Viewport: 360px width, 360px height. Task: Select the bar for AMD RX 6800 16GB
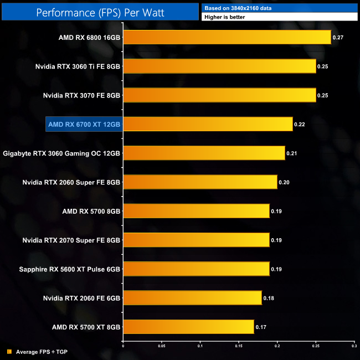pos(227,38)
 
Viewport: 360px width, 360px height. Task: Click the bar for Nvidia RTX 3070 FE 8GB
pos(219,95)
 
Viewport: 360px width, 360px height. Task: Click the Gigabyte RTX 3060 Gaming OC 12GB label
pos(61,153)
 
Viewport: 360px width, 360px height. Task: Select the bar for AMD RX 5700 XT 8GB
pos(188,327)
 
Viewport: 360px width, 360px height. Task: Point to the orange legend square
pos(9,352)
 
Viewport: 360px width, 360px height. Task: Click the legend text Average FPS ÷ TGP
pos(42,352)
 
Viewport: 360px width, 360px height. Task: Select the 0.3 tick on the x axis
pos(353,347)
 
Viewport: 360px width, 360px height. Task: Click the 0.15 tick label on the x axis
pos(238,347)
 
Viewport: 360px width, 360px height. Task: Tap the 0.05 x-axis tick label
pos(161,347)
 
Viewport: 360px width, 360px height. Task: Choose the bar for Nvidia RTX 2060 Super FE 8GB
pos(199,182)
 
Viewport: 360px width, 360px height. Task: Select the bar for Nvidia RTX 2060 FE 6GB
pos(192,298)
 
